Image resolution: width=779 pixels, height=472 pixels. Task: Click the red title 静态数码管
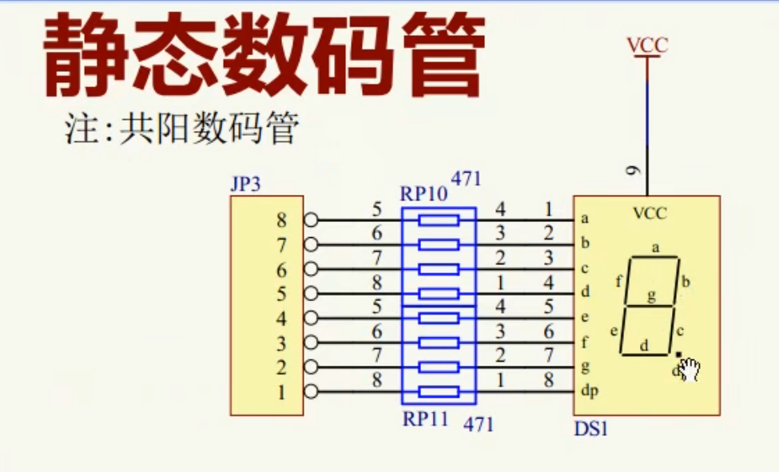[264, 54]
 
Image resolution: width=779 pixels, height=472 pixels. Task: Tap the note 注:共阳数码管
[181, 129]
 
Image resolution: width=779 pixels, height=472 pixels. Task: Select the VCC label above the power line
[647, 46]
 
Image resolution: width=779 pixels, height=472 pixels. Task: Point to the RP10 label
[421, 194]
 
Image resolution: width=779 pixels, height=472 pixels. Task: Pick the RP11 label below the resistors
[424, 419]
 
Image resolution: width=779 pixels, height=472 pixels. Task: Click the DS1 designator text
[591, 429]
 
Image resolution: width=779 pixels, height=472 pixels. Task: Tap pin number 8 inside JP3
[281, 220]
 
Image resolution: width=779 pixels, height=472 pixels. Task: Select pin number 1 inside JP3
[281, 392]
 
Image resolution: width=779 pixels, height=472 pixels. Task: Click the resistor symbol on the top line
[439, 220]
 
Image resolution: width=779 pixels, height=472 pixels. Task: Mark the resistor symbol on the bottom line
[439, 392]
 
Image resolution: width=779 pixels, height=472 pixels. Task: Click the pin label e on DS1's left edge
[585, 318]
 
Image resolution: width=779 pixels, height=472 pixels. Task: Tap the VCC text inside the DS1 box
[649, 214]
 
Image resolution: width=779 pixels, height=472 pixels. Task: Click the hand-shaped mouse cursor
[689, 369]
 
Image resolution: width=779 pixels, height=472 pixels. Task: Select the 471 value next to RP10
[467, 179]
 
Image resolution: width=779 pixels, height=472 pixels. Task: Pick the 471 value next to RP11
[479, 424]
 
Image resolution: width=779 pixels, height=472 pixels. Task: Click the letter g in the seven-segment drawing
[651, 297]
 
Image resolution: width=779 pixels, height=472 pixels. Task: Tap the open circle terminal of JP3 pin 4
[311, 318]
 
